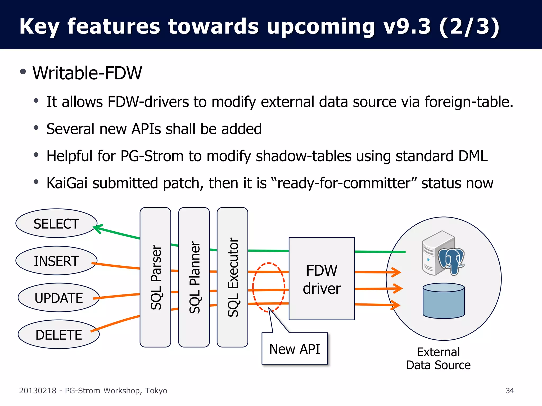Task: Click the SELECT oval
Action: pyautogui.click(x=56, y=224)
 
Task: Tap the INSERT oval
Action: pyautogui.click(x=56, y=261)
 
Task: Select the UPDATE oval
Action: pyautogui.click(x=58, y=298)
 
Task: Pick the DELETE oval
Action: pyautogui.click(x=58, y=335)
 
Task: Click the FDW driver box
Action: pyautogui.click(x=322, y=279)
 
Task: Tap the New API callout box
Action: pyautogui.click(x=295, y=349)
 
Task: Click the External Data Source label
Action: pyautogui.click(x=438, y=359)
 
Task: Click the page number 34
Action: pyautogui.click(x=510, y=391)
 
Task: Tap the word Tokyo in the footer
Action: pyautogui.click(x=156, y=391)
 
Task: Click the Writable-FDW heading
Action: pyautogui.click(x=87, y=73)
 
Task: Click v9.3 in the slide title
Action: pyautogui.click(x=408, y=26)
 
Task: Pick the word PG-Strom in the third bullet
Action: pyautogui.click(x=152, y=156)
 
